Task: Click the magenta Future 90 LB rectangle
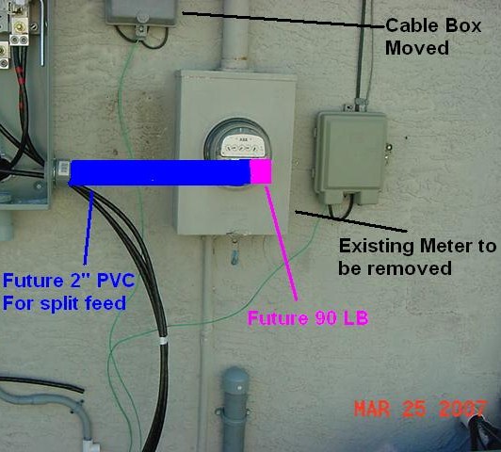click(261, 171)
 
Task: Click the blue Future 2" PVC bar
click(160, 172)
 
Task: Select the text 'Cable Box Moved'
click(433, 37)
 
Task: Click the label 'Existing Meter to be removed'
click(417, 257)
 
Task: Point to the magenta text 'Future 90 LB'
click(308, 318)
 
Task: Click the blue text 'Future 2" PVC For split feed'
click(69, 292)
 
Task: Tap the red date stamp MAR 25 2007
click(420, 409)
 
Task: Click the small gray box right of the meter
click(350, 156)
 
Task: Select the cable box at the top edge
click(141, 12)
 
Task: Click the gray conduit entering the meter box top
click(235, 35)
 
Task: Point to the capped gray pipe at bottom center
click(234, 409)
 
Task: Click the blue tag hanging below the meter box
click(234, 257)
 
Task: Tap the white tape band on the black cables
click(163, 341)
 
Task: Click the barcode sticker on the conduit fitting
click(64, 168)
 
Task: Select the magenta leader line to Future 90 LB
click(282, 243)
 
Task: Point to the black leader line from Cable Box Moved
click(283, 20)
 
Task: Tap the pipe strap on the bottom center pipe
click(233, 412)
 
